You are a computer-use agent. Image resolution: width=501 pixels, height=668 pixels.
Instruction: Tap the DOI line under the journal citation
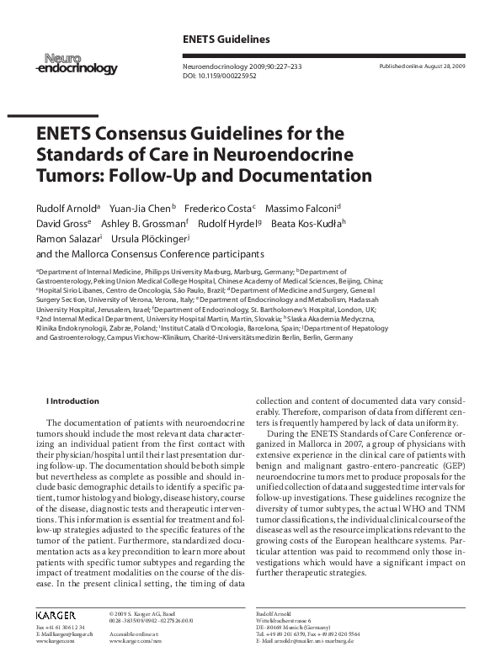click(220, 74)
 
